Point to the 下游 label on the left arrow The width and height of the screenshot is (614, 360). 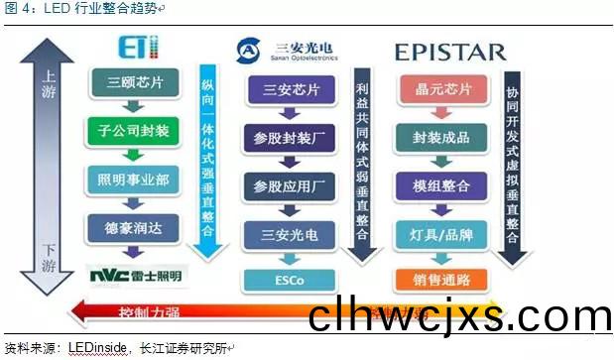(45, 254)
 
